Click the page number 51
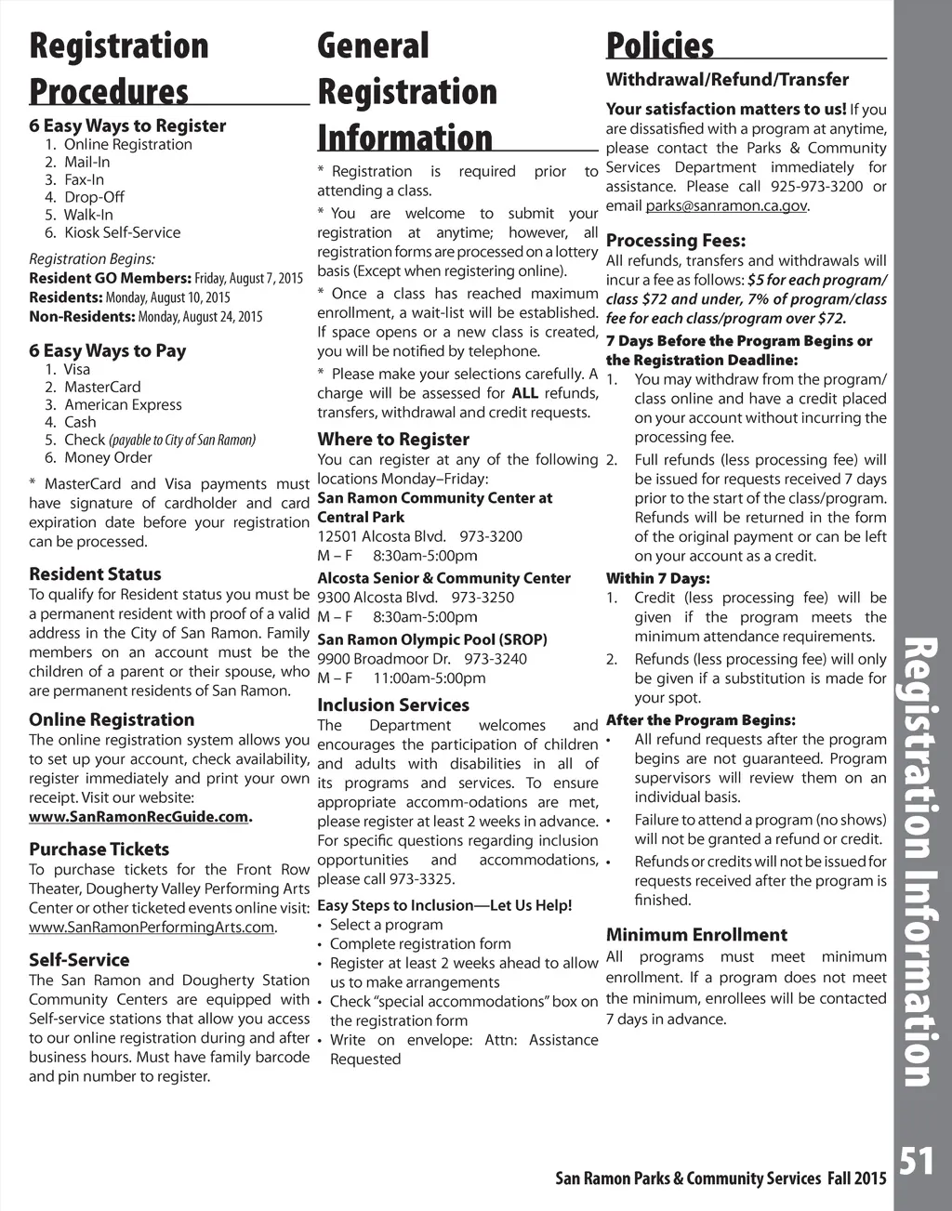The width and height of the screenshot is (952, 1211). click(917, 1162)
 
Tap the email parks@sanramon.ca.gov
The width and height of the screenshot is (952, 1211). click(726, 206)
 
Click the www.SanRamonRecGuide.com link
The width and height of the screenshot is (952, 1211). click(139, 817)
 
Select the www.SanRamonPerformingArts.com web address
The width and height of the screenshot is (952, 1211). click(152, 928)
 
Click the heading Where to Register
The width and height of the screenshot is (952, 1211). click(393, 440)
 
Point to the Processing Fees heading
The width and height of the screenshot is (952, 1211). click(676, 241)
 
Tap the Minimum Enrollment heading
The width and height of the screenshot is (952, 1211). click(696, 935)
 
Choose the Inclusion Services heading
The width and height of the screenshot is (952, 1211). click(393, 705)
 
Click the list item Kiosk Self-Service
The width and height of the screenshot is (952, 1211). click(122, 233)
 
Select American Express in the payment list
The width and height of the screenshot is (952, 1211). click(123, 405)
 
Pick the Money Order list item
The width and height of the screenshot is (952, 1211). click(108, 458)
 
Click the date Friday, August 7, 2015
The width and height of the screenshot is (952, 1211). click(248, 279)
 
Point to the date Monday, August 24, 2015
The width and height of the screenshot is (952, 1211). click(200, 318)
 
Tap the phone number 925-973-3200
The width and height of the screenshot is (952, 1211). click(816, 187)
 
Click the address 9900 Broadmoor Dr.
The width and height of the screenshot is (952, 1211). click(384, 659)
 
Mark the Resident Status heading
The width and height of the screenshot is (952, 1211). click(95, 574)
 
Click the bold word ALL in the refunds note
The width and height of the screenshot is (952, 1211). click(525, 393)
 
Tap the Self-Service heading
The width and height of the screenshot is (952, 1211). click(79, 960)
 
